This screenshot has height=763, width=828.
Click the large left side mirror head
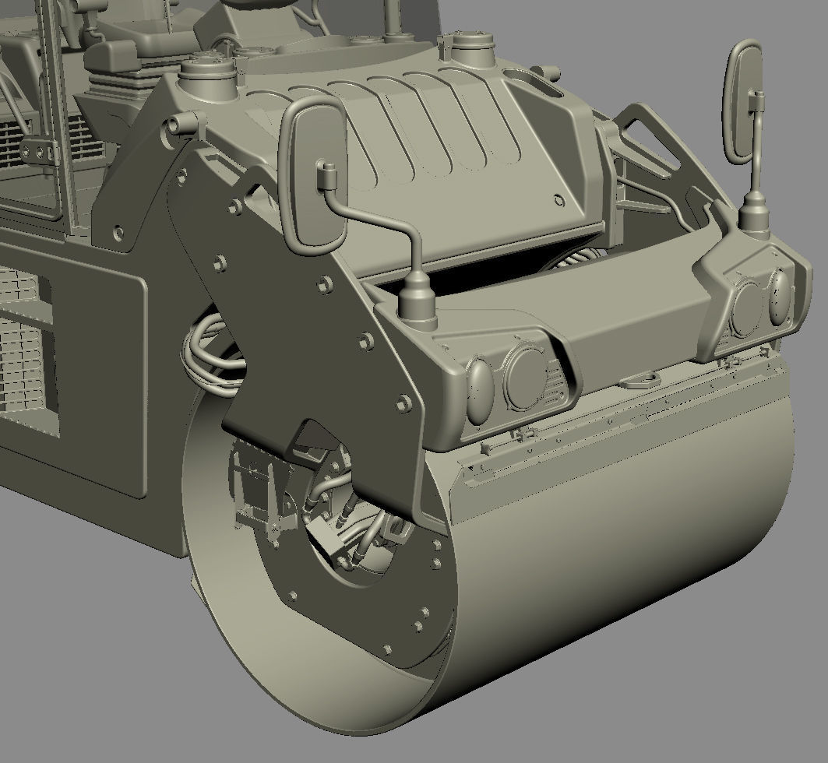tap(312, 178)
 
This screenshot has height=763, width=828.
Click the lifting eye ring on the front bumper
tap(641, 379)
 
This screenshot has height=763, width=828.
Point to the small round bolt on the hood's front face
tap(558, 200)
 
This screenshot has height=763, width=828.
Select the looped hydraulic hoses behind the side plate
tap(210, 358)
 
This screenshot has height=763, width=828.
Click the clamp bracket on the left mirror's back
tap(326, 174)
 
